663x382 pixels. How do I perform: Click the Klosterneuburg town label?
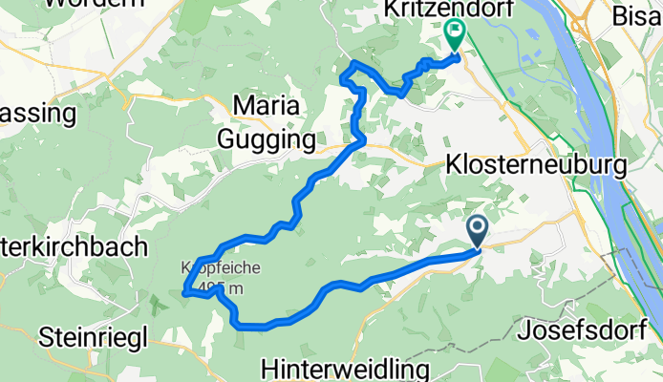[535, 165]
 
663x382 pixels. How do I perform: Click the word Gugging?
[267, 140]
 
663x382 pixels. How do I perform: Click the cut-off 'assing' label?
[38, 114]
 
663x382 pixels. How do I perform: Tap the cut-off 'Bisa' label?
[636, 16]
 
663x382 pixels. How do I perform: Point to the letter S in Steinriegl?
[46, 336]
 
